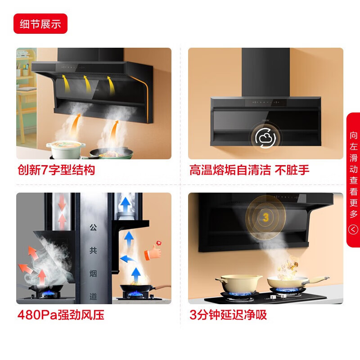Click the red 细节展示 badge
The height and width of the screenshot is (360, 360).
(x=40, y=24)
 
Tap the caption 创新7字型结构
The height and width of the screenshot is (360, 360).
(x=56, y=170)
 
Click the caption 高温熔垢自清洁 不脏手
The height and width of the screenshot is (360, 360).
(x=249, y=170)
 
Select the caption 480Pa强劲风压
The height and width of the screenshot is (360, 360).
(x=60, y=315)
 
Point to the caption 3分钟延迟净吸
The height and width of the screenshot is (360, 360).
(x=228, y=315)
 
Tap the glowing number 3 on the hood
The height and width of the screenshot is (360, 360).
(x=265, y=218)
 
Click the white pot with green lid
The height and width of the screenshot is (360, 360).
(x=66, y=149)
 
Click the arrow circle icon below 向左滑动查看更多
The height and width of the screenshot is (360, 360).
(x=353, y=230)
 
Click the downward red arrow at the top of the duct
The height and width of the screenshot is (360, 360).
(x=62, y=202)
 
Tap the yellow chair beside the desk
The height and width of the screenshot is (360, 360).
(x=25, y=103)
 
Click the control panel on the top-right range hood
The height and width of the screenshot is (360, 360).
(x=265, y=103)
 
